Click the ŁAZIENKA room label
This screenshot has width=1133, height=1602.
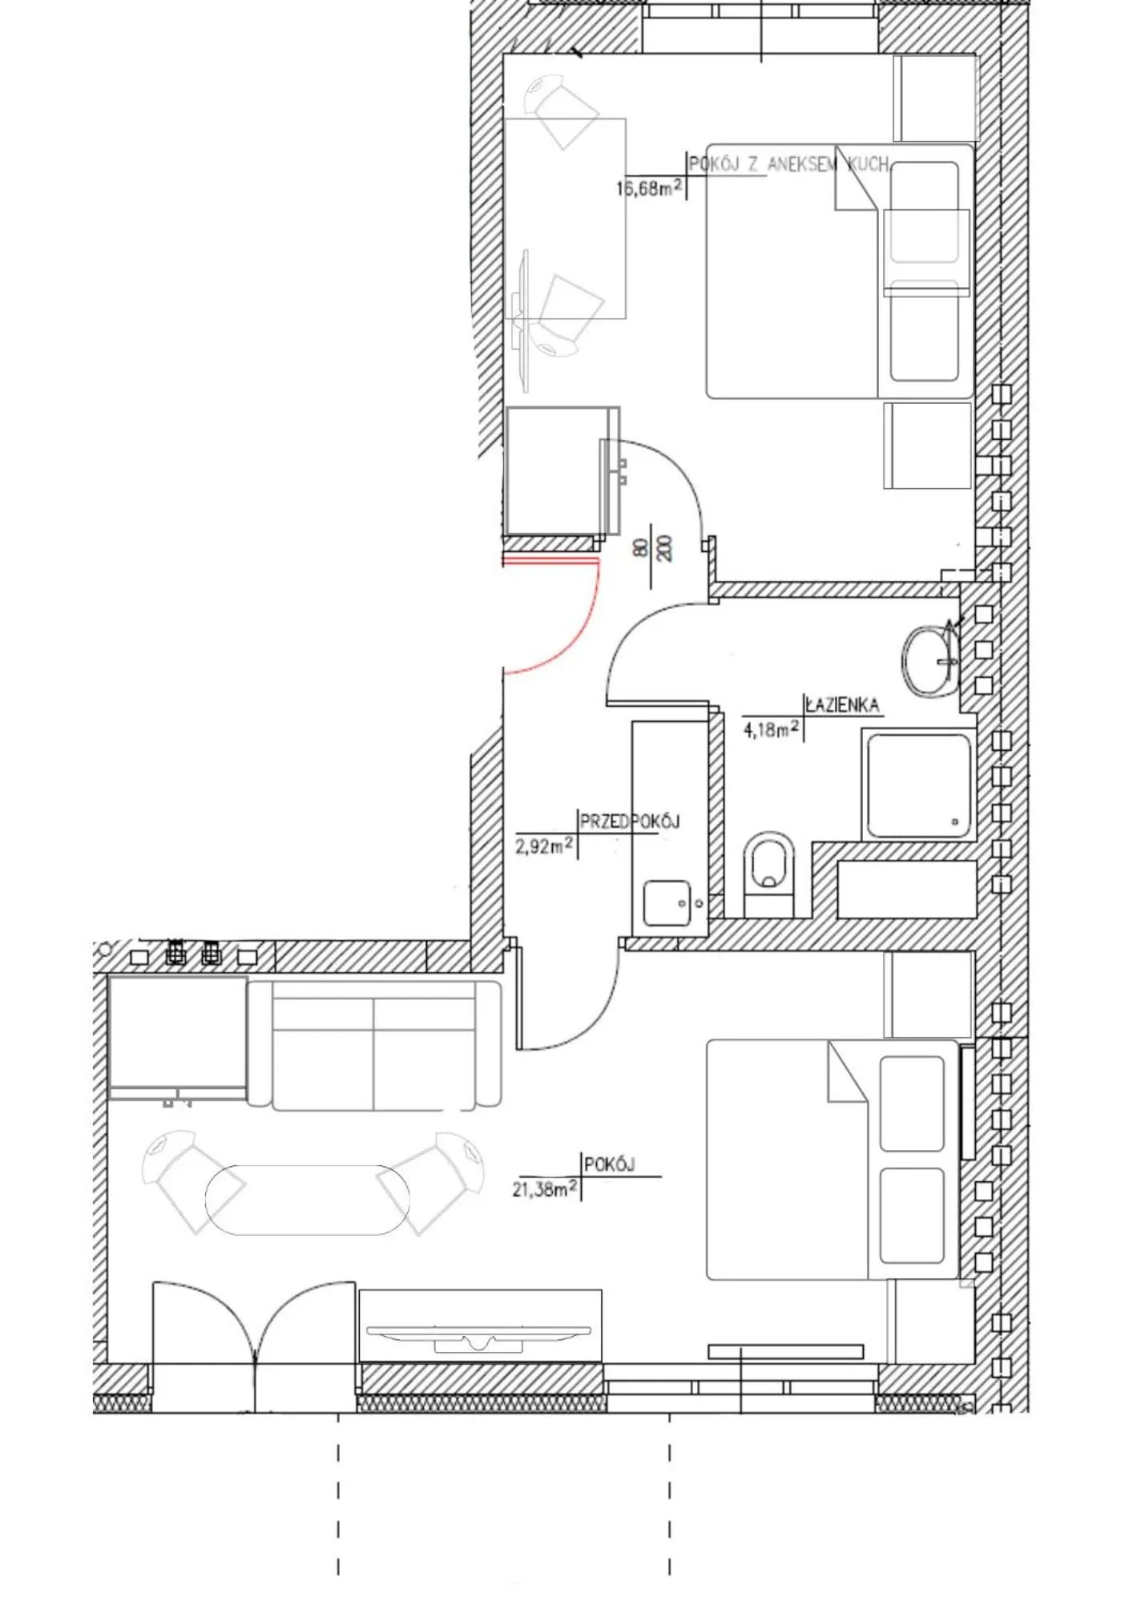842,705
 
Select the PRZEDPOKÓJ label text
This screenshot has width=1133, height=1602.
630,821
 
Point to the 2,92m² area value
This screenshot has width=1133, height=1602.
544,846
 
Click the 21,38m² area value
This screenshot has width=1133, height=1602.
545,1189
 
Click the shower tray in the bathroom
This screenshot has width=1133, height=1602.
918,786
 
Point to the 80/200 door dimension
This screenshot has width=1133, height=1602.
652,548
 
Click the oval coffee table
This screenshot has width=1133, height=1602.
308,1200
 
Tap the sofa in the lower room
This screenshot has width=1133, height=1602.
374,1044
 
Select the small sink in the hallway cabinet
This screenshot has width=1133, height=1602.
667,903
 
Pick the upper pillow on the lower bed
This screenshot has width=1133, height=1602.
912,1104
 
